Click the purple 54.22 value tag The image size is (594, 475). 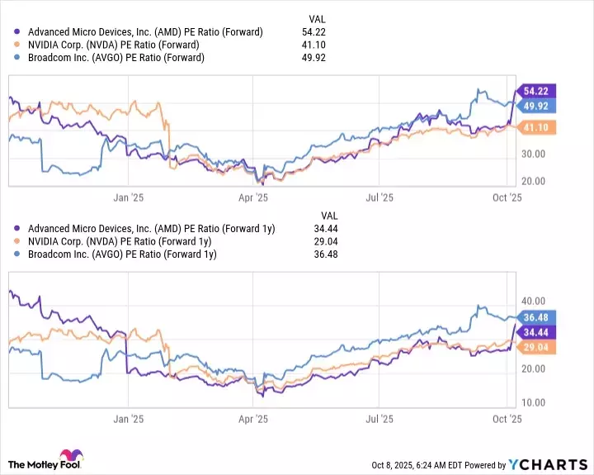536,91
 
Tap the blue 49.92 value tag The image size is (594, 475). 536,106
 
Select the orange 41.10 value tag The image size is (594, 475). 536,127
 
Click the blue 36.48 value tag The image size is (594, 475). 536,317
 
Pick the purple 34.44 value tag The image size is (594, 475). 536,332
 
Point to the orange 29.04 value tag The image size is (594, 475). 536,348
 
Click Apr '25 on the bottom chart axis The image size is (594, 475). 253,419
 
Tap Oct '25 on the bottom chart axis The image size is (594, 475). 507,419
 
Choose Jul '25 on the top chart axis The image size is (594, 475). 379,197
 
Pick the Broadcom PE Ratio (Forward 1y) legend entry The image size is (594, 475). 121,254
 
